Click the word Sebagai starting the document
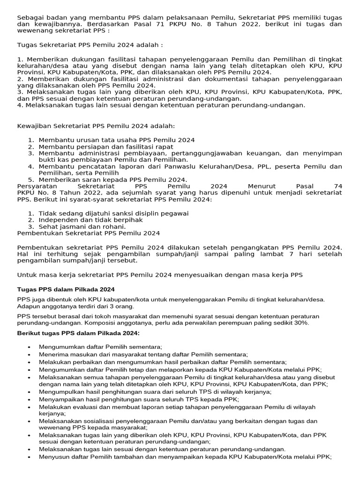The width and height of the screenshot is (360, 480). point(30,18)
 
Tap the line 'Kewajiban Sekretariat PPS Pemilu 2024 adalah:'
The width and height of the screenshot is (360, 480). point(96,126)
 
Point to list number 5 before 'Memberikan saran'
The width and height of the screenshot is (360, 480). point(31,180)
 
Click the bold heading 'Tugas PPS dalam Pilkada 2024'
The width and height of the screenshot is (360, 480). point(66,289)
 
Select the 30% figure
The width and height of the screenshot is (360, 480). point(302,323)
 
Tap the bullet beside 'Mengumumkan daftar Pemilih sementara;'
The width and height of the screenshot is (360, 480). point(29,346)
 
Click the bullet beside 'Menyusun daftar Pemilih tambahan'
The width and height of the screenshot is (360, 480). point(29,457)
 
